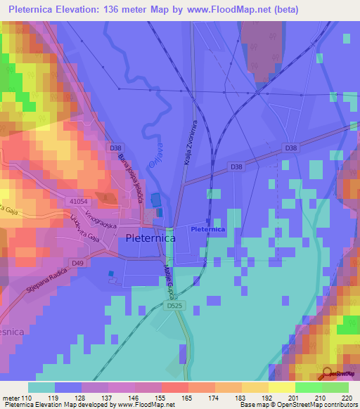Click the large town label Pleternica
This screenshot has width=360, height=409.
(150, 238)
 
